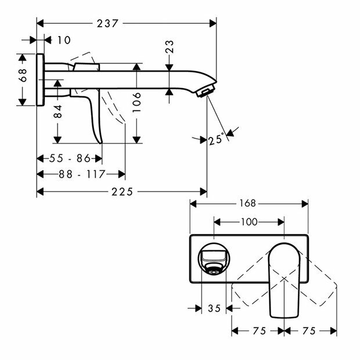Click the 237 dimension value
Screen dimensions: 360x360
pyautogui.click(x=109, y=23)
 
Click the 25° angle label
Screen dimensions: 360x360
pyautogui.click(x=216, y=140)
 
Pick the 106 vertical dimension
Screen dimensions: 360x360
pyautogui.click(x=136, y=103)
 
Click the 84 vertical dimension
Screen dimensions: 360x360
pyautogui.click(x=57, y=111)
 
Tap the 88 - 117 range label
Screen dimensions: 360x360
pyautogui.click(x=81, y=174)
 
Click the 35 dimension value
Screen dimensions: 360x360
pyautogui.click(x=213, y=308)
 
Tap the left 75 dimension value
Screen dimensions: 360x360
pyautogui.click(x=258, y=330)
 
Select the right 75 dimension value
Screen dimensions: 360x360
pyautogui.click(x=309, y=330)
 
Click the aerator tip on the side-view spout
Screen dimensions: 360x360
pyautogui.click(x=206, y=91)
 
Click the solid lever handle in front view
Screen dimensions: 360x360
pyautogui.click(x=285, y=279)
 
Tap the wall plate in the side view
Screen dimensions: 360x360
pyautogui.click(x=40, y=80)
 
